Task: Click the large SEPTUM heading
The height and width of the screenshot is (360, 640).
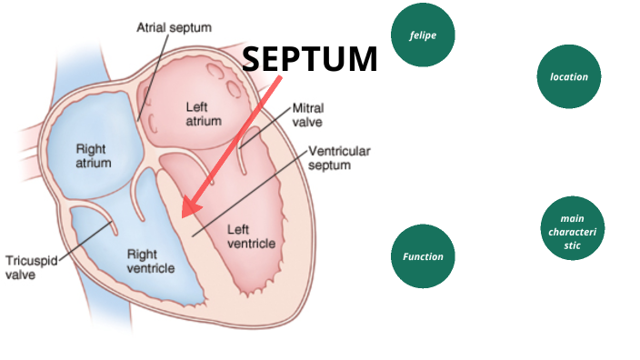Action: (x=310, y=59)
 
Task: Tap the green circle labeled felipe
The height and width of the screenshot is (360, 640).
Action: (x=423, y=35)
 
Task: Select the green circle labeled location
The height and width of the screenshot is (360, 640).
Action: (x=569, y=77)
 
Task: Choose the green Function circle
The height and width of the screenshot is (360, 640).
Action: (x=423, y=256)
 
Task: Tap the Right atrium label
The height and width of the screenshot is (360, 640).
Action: (x=94, y=156)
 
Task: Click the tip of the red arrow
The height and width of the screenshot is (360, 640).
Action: (x=185, y=215)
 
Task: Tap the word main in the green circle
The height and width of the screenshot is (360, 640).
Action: (x=572, y=218)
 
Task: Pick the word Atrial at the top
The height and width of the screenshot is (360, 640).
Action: (x=152, y=27)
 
